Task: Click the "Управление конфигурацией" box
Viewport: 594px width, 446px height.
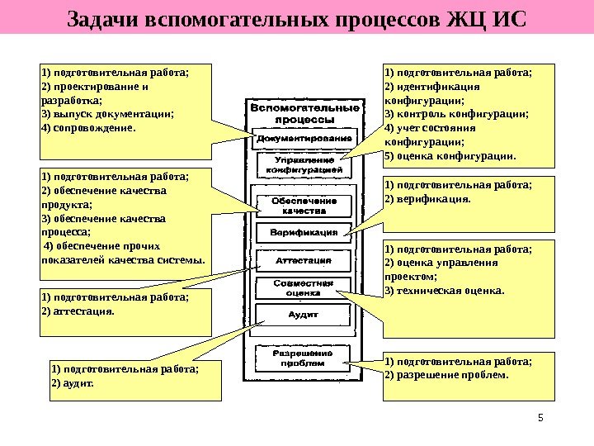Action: point(304,164)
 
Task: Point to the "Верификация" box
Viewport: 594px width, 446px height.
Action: point(304,233)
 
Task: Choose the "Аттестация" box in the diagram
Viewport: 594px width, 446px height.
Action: point(304,261)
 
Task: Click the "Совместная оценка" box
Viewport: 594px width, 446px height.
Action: point(304,287)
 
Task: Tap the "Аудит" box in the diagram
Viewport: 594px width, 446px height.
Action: point(304,315)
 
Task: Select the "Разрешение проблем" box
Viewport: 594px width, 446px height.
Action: point(304,357)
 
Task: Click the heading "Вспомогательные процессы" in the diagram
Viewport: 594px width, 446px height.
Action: point(304,113)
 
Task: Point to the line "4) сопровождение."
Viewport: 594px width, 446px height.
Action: point(86,128)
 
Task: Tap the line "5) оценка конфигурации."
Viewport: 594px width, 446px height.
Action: point(450,155)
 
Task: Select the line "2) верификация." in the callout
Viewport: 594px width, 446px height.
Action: point(427,199)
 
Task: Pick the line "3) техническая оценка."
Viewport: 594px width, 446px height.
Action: point(443,290)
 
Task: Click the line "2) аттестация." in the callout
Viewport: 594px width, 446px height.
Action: point(78,311)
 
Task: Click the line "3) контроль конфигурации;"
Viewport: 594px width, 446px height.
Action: point(456,114)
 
